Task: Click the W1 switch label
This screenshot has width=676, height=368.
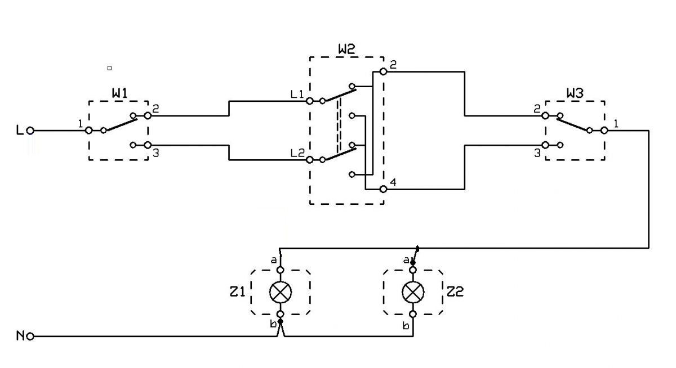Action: point(120,93)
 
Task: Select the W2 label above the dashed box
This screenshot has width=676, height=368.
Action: point(346,49)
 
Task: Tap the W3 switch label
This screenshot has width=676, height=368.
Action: point(575,93)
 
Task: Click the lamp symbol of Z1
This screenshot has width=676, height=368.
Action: point(281,292)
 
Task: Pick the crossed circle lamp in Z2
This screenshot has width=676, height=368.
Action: point(413,292)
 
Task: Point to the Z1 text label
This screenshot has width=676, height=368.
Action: point(237,291)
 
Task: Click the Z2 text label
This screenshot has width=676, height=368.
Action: point(455,291)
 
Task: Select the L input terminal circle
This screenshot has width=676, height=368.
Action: point(30,131)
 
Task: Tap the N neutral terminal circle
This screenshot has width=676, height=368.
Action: point(30,336)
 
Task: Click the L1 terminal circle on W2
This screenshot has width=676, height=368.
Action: point(310,101)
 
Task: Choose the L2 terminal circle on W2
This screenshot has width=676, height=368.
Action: point(310,160)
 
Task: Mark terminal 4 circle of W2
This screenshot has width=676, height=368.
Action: point(383,189)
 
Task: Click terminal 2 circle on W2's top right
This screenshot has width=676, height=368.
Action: point(383,71)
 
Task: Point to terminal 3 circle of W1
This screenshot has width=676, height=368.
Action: point(148,145)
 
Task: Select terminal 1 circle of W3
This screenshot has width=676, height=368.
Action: point(604,131)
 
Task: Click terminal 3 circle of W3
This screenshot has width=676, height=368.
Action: point(545,145)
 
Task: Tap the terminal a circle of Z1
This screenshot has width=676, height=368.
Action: point(281,270)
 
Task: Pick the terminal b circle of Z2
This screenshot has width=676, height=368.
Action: point(413,315)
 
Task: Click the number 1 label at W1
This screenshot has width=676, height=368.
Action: point(80,124)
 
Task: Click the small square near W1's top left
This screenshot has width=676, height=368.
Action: point(109,68)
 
